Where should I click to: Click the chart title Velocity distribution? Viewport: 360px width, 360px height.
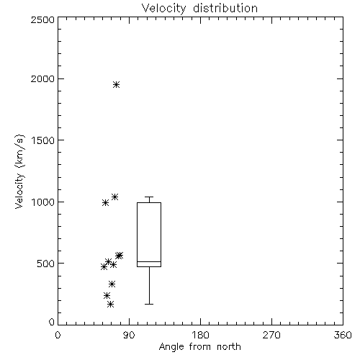[x=199, y=9]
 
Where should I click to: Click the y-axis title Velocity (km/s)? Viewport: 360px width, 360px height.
[x=19, y=171]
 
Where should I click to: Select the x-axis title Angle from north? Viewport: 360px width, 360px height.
[x=199, y=347]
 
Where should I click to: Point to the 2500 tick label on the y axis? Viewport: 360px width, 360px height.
[x=42, y=19]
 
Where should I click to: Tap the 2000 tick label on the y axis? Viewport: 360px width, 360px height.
[x=42, y=78]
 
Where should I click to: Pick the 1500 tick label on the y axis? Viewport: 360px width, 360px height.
[x=43, y=140]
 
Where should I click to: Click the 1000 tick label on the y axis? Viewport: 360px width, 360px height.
[x=43, y=202]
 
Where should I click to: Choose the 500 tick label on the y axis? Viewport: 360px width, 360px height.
[x=46, y=264]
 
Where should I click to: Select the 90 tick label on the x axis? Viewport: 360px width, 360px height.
[x=129, y=335]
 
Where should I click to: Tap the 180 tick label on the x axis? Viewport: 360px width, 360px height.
[x=200, y=335]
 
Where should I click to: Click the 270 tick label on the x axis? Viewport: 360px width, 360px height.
[x=271, y=335]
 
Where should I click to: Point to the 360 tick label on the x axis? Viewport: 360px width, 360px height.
[x=343, y=335]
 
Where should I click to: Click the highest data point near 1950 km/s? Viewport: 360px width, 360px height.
[x=117, y=85]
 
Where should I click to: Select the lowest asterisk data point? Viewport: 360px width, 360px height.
[x=110, y=305]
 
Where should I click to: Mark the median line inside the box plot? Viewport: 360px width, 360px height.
[x=149, y=261]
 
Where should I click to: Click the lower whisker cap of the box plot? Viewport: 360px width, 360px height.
[x=149, y=304]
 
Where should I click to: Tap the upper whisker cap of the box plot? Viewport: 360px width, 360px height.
[x=149, y=197]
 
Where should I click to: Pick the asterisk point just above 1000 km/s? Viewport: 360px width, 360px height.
[x=114, y=197]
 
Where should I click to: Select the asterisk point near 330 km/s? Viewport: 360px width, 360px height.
[x=112, y=284]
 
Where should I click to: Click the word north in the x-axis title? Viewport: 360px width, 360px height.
[x=229, y=347]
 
